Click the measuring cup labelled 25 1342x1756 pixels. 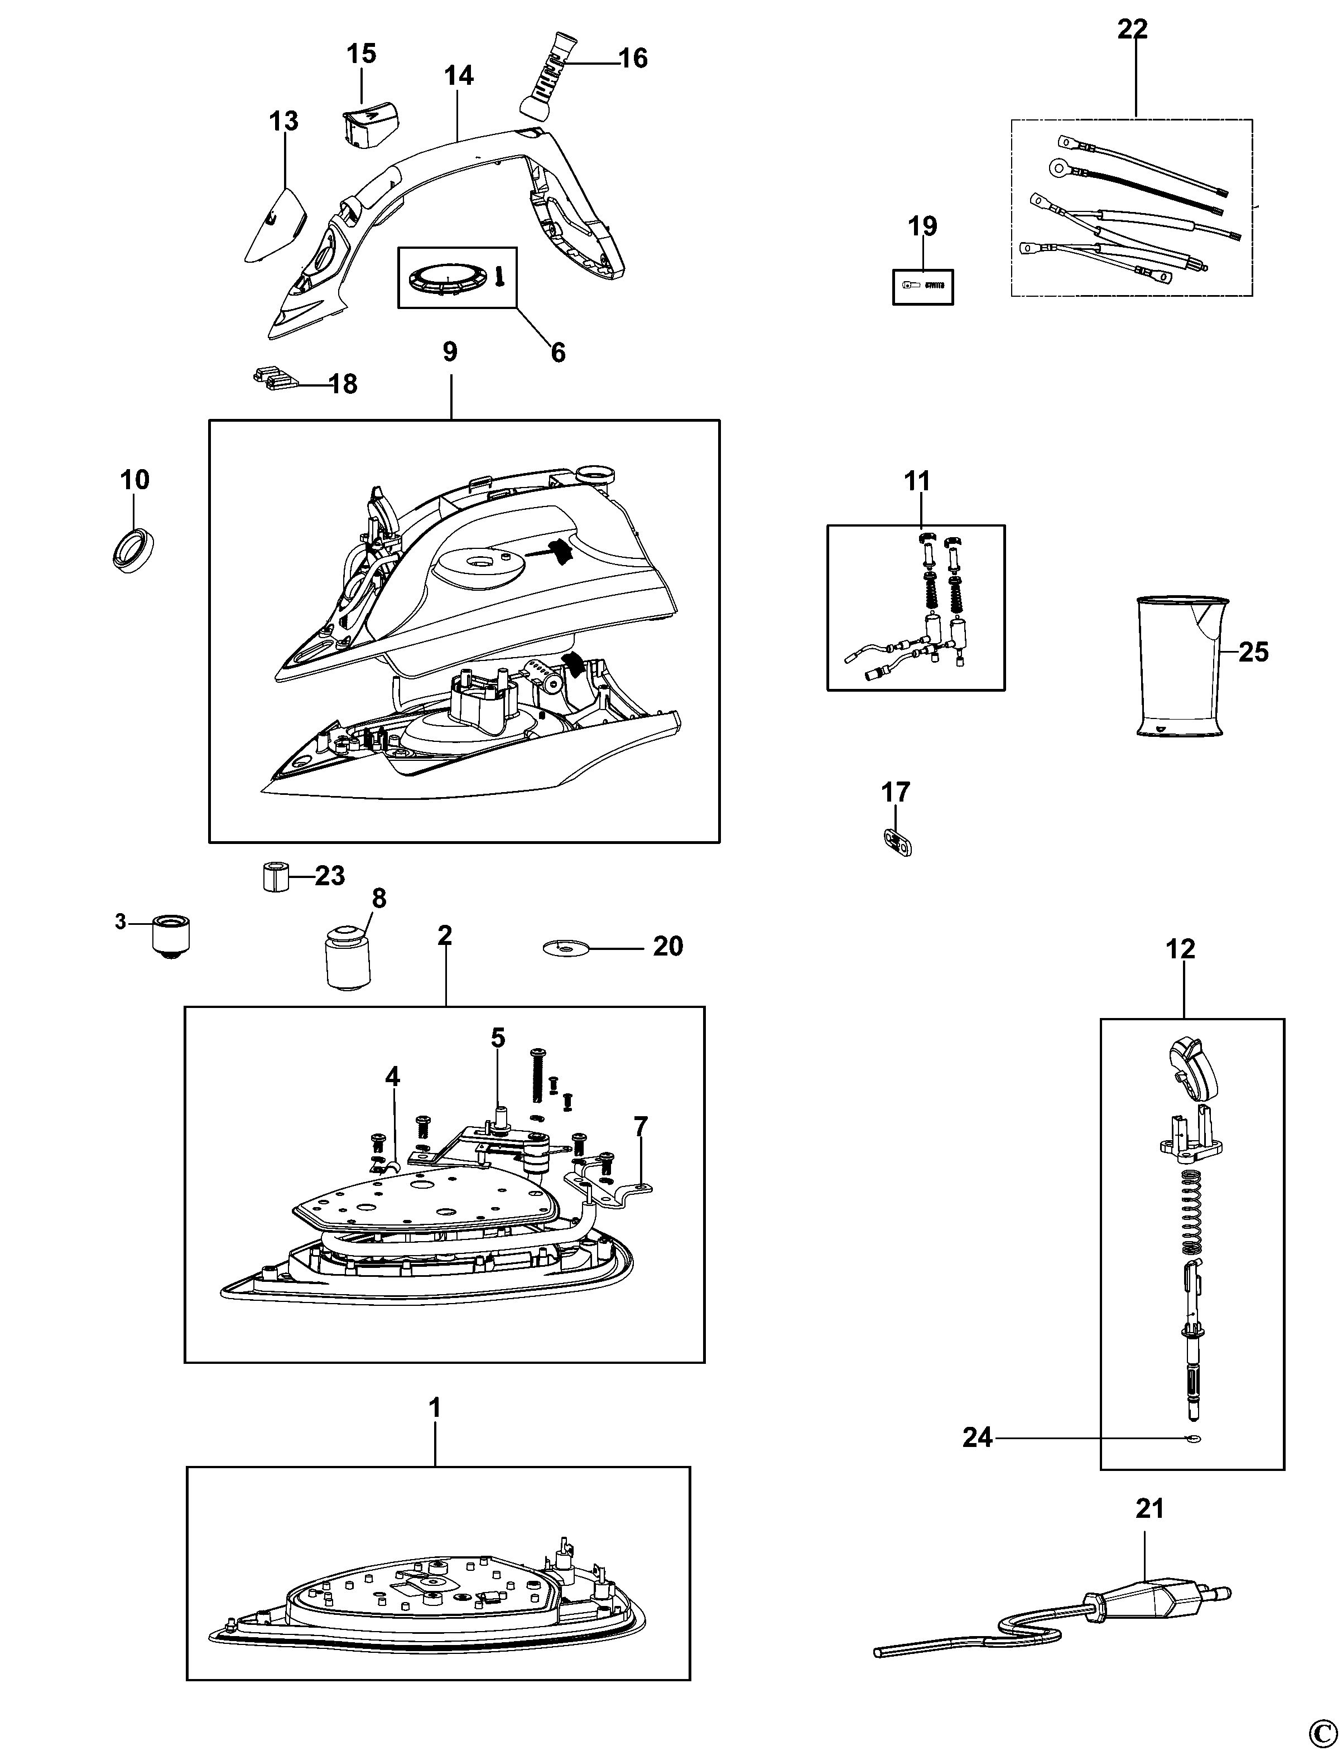[1179, 666]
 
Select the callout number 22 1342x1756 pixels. [1133, 30]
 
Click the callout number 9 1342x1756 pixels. [450, 351]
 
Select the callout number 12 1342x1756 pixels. [1180, 949]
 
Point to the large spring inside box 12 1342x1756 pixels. [1191, 1214]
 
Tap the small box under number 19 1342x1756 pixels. [922, 287]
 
